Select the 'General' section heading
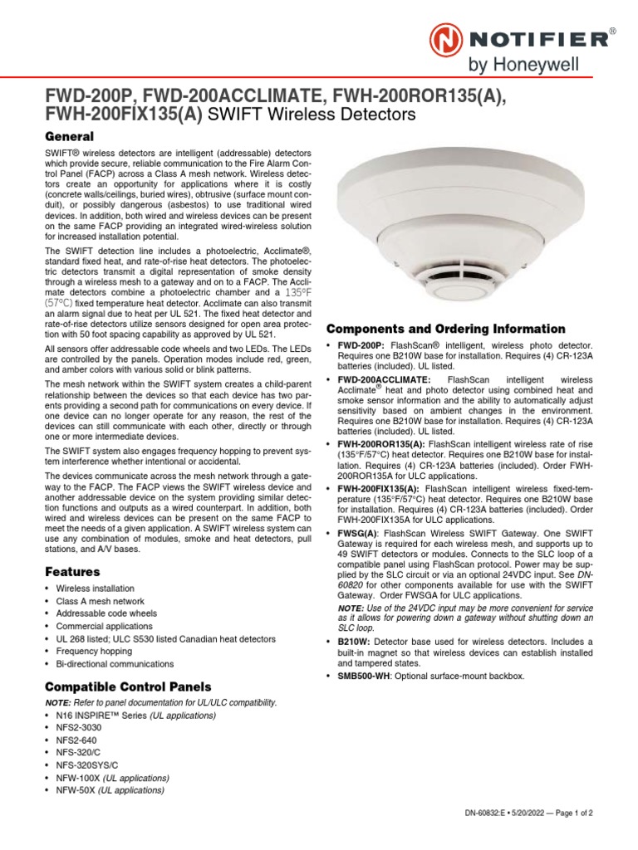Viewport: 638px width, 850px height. (x=69, y=136)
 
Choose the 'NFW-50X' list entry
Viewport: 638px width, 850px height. (x=76, y=790)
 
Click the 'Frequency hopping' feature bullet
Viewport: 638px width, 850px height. (x=93, y=652)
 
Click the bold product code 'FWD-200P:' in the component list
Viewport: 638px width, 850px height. (x=361, y=344)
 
